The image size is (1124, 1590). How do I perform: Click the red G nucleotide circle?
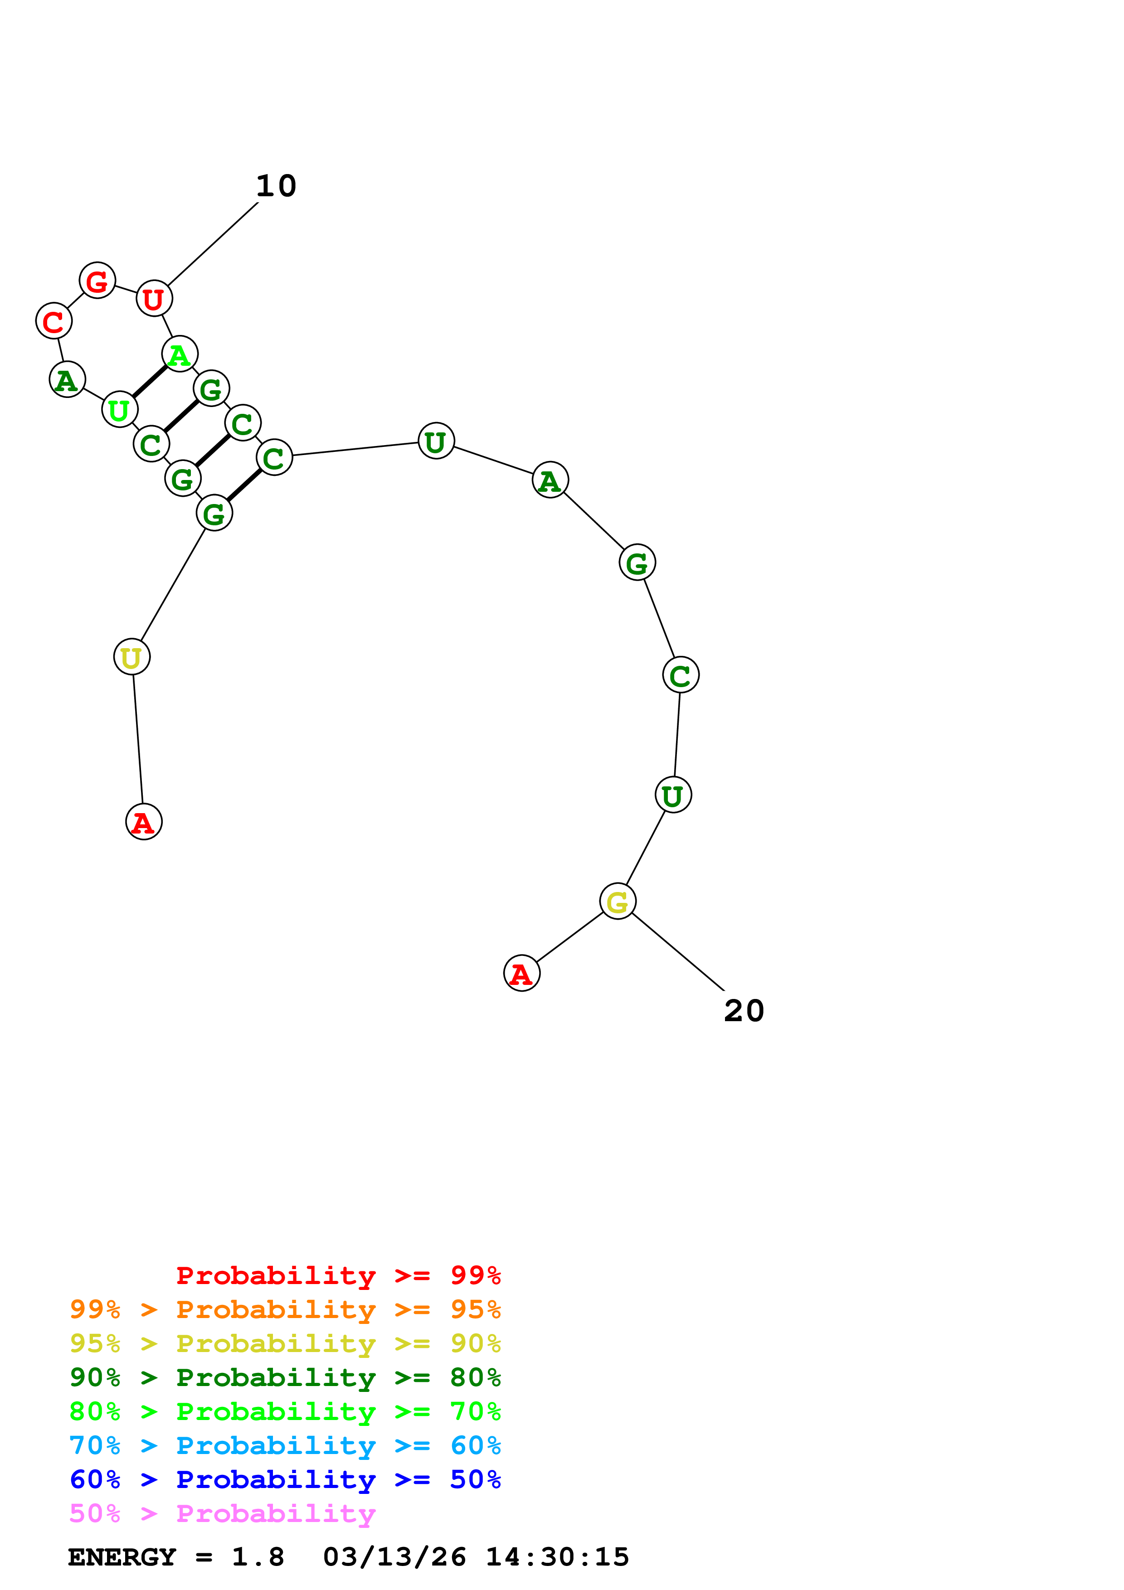coord(97,281)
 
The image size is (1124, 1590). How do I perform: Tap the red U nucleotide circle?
coord(154,299)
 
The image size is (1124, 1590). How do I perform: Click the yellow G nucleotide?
coord(617,901)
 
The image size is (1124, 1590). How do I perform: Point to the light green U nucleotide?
coord(119,410)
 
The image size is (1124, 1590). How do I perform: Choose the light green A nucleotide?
coord(180,354)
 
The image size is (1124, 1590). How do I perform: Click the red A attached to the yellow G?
coord(521,973)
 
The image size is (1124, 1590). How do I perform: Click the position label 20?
coord(744,1010)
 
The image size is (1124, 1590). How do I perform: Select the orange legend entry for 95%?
coord(285,1309)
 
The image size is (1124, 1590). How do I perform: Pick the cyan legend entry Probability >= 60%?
coord(285,1445)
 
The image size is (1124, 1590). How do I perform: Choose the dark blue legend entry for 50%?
coord(285,1479)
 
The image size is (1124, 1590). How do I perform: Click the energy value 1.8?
coord(258,1557)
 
